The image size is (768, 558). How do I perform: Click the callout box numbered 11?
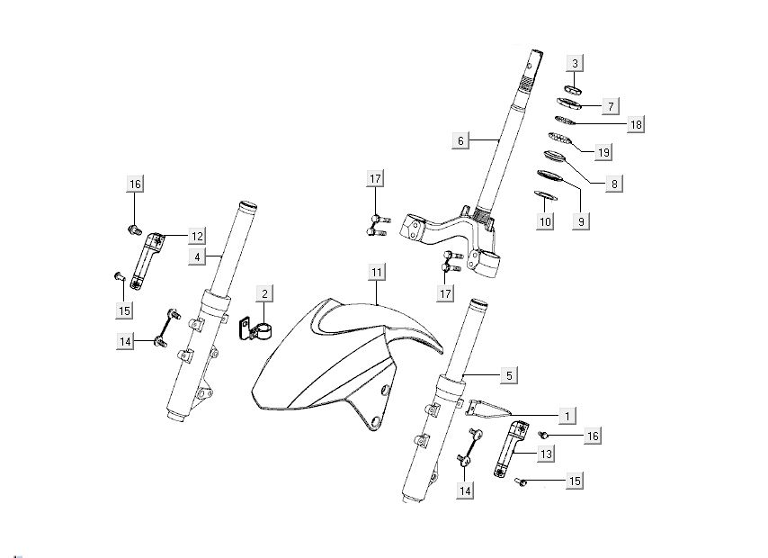pos(377,272)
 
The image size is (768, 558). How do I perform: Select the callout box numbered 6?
pos(460,140)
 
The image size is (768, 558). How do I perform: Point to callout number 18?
pos(636,124)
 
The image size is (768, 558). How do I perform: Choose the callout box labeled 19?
pos(603,153)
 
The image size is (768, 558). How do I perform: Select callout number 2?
pos(264,293)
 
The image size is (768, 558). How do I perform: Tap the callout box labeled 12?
pos(197,236)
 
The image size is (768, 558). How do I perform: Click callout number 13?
pos(545,455)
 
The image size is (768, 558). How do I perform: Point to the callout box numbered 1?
pos(567,415)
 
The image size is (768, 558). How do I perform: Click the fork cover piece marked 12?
pos(146,261)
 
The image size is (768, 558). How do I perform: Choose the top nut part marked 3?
pos(574,88)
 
